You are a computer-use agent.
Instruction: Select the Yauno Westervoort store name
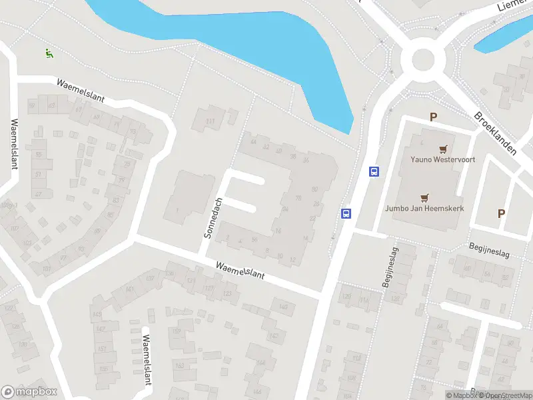(x=436, y=159)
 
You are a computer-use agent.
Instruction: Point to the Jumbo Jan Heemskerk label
(x=424, y=208)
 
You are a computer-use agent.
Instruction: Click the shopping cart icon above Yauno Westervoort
(x=443, y=149)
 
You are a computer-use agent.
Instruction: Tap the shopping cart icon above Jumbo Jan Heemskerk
(x=424, y=197)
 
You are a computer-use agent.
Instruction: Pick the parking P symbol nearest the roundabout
(x=433, y=117)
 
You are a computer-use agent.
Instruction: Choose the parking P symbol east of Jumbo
(x=501, y=214)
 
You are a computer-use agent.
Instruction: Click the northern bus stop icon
(x=374, y=171)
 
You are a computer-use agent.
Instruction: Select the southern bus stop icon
(x=346, y=213)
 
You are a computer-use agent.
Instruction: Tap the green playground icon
(x=48, y=53)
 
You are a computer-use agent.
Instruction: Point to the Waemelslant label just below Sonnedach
(x=240, y=269)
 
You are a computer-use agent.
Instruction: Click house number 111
(x=211, y=121)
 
